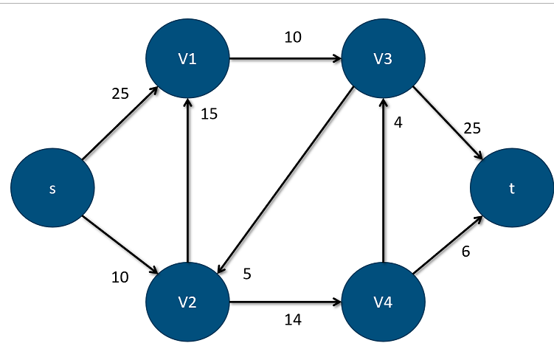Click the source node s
tap(52, 188)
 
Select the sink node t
tap(512, 188)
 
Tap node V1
tap(188, 58)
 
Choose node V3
tap(382, 58)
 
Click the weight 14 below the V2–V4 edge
tap(293, 320)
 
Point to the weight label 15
tap(209, 114)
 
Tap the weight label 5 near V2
tap(247, 273)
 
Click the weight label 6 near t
tap(465, 252)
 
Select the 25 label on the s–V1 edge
tap(120, 94)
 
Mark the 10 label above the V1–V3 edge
tap(293, 37)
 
